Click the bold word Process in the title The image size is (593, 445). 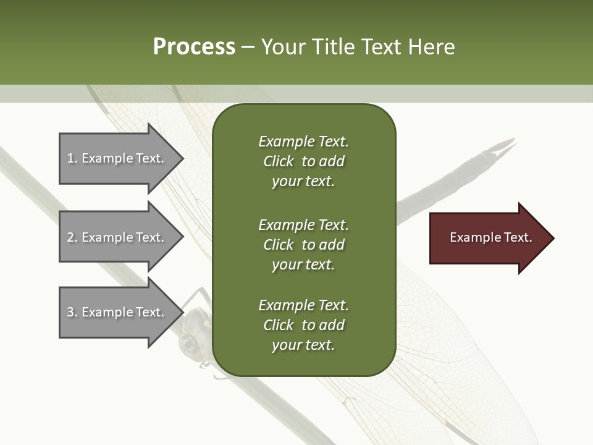click(194, 47)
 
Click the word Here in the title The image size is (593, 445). click(431, 47)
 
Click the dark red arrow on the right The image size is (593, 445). click(488, 238)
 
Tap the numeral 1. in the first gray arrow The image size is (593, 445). click(72, 158)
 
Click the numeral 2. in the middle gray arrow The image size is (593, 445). click(72, 237)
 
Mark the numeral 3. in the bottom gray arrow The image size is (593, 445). click(72, 312)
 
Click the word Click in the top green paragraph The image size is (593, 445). click(278, 161)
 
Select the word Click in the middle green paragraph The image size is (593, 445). click(278, 245)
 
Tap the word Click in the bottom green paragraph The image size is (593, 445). click(278, 325)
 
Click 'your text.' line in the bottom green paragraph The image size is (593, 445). click(303, 345)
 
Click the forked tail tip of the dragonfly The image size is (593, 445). click(506, 146)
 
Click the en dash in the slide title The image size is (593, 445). click(248, 48)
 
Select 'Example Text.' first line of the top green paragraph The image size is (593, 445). click(303, 142)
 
